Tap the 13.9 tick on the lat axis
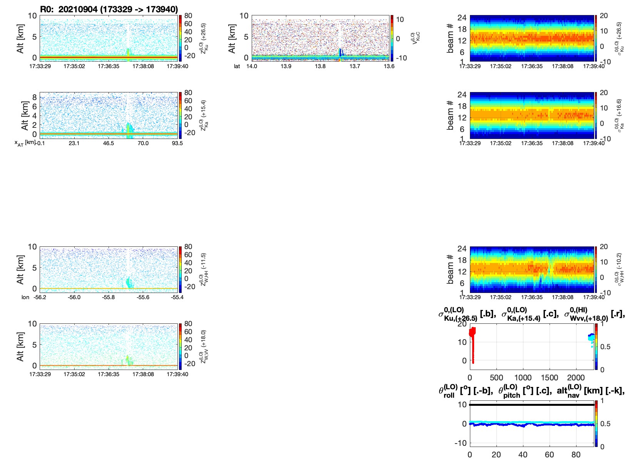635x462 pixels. click(x=286, y=66)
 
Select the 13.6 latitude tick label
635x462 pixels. click(x=389, y=66)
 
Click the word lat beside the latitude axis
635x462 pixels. click(x=237, y=66)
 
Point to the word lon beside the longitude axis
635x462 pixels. click(x=25, y=297)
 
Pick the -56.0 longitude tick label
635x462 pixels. click(x=74, y=297)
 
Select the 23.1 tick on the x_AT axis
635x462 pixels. click(x=74, y=143)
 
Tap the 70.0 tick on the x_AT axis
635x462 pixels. click(x=143, y=143)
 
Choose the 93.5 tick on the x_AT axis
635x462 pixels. click(x=177, y=143)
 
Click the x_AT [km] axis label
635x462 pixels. click(x=25, y=143)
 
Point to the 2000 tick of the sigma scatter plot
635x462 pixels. click(x=576, y=377)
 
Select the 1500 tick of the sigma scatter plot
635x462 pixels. click(x=549, y=377)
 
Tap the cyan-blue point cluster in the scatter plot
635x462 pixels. click(x=592, y=338)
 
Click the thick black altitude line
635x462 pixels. click(x=531, y=405)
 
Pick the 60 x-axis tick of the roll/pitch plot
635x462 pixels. click(x=549, y=454)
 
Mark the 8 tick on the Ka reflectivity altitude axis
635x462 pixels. click(x=34, y=97)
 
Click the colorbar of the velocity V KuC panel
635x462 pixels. click(x=392, y=38)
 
